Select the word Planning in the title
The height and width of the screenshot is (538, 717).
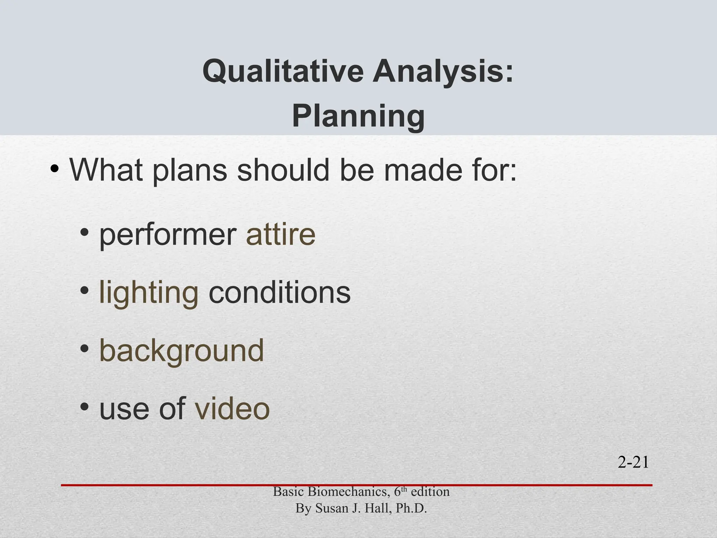pos(358,116)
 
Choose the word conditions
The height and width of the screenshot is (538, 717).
pos(279,292)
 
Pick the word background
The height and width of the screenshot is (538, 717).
pos(181,350)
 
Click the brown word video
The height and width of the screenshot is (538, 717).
pos(232,408)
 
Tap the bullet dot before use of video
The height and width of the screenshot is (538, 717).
pos(84,407)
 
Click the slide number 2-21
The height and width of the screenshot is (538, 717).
pos(633,462)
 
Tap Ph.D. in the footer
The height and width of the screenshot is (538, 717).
pos(411,508)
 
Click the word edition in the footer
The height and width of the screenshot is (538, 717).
pos(430,492)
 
